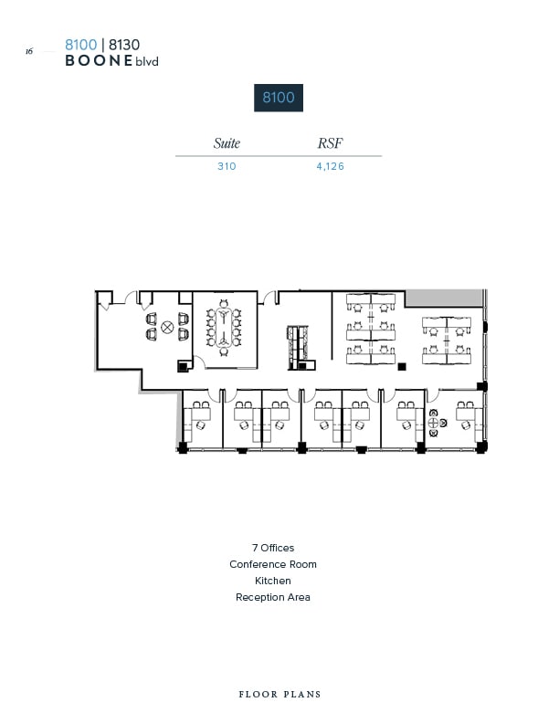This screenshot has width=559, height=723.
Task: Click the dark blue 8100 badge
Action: tap(279, 97)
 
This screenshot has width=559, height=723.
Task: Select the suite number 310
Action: tap(227, 166)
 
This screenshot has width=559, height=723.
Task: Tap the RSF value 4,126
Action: tap(331, 166)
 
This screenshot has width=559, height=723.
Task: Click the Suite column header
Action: tap(227, 143)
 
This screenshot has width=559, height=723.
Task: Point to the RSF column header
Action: tap(331, 143)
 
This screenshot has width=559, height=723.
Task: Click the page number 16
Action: tap(29, 52)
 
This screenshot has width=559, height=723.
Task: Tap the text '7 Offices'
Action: tap(273, 548)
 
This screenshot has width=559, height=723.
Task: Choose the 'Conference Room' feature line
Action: tap(273, 564)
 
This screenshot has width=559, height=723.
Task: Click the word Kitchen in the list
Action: tap(273, 581)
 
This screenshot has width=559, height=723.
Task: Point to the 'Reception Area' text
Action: tap(273, 597)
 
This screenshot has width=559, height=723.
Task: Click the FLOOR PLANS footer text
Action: tap(279, 695)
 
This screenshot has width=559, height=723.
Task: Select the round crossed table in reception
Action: tap(167, 327)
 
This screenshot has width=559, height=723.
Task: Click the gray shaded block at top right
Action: tap(443, 299)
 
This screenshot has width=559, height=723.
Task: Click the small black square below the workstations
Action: tap(401, 366)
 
